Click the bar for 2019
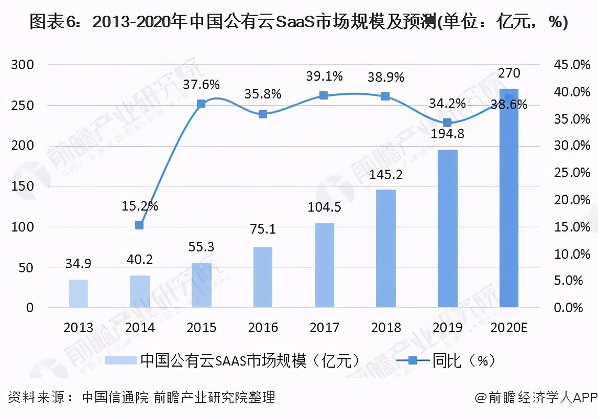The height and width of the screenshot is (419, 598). (x=447, y=228)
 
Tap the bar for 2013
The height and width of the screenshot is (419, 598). (x=79, y=293)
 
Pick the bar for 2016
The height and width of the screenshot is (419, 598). (x=263, y=277)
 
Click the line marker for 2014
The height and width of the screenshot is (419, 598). (x=139, y=225)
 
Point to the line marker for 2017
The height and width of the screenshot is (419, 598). (x=324, y=95)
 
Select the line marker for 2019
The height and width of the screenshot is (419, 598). (x=447, y=123)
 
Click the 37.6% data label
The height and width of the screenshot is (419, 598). (x=202, y=84)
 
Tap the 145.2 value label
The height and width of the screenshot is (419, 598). (x=385, y=175)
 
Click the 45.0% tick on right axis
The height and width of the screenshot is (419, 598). (x=567, y=65)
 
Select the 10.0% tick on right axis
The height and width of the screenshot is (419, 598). (x=567, y=254)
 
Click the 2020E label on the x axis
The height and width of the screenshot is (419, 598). (x=509, y=327)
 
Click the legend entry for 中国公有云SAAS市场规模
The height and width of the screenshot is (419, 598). (x=233, y=360)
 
